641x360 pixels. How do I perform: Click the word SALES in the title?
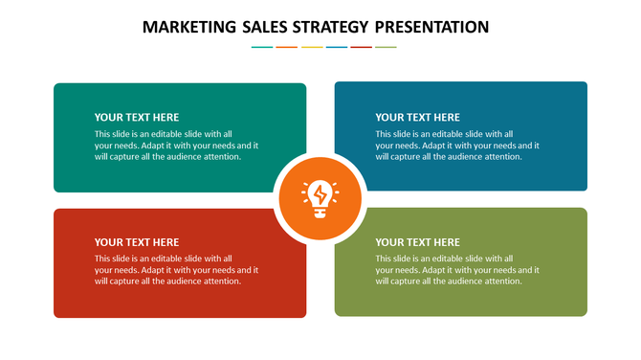point(270,27)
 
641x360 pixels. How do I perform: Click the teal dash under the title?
point(261,47)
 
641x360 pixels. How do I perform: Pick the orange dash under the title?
point(286,47)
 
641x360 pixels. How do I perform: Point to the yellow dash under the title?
point(311,47)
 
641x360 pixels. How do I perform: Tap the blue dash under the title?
point(336,47)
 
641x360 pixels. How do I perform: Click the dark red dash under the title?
point(361,47)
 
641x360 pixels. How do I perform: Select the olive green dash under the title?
point(386,47)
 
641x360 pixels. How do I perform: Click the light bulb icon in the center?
point(320,199)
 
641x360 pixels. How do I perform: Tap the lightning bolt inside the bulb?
point(320,195)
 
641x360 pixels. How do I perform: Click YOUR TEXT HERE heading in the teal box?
point(137,118)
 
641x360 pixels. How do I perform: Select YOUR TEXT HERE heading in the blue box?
point(418,118)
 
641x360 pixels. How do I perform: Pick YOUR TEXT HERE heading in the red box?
point(137,242)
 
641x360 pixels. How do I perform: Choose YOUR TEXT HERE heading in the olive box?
point(418,242)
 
